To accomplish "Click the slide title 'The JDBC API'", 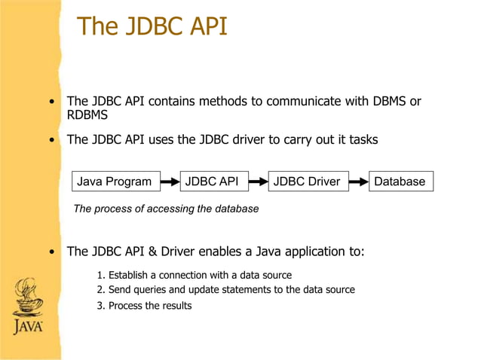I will [152, 27].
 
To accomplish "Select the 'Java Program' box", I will [114, 182].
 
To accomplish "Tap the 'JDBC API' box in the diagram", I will [212, 182].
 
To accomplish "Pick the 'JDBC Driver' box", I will [306, 182].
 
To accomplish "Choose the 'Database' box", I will [400, 182].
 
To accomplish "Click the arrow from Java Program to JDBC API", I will [170, 182].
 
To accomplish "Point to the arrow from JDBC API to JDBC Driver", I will [259, 182].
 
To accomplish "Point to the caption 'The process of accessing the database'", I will [166, 209].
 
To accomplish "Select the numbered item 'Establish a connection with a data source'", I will [195, 275].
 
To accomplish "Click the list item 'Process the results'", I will [145, 305].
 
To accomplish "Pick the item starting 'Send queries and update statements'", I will [226, 289].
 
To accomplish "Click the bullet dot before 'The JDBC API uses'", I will [51, 140].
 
